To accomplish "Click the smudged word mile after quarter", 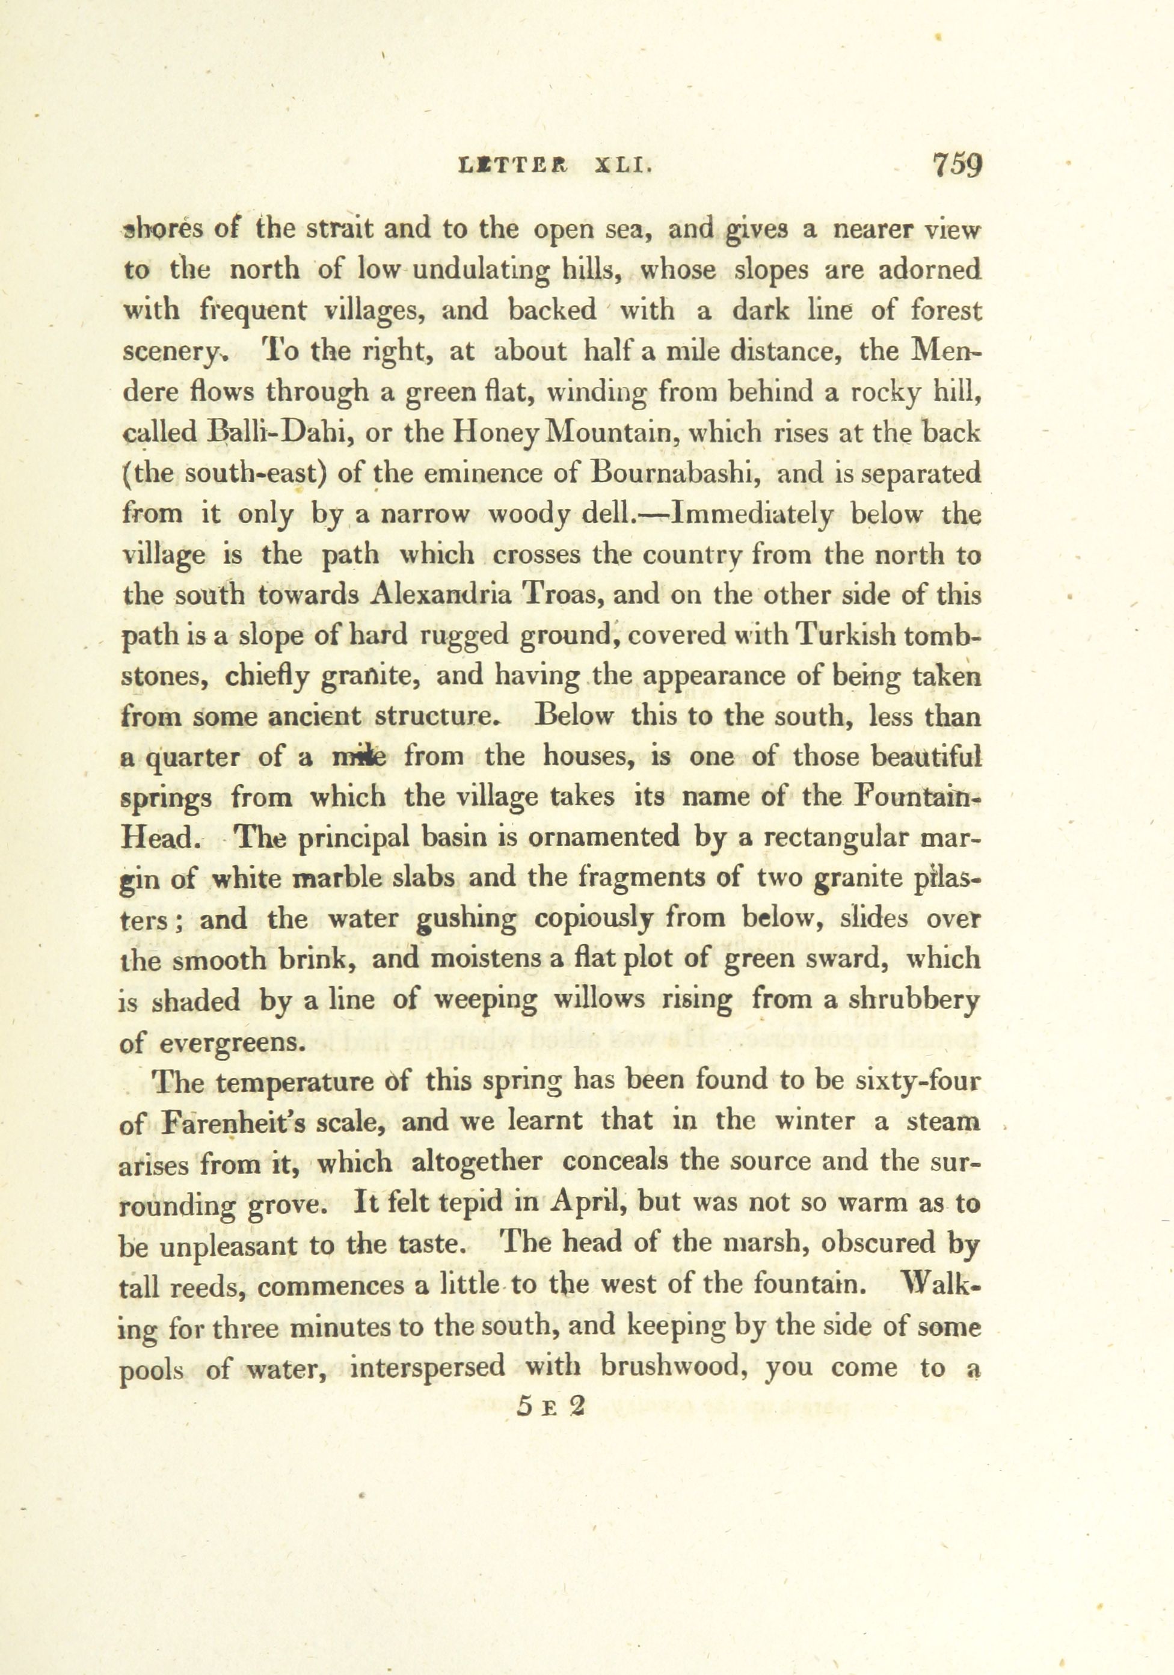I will click(x=359, y=757).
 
